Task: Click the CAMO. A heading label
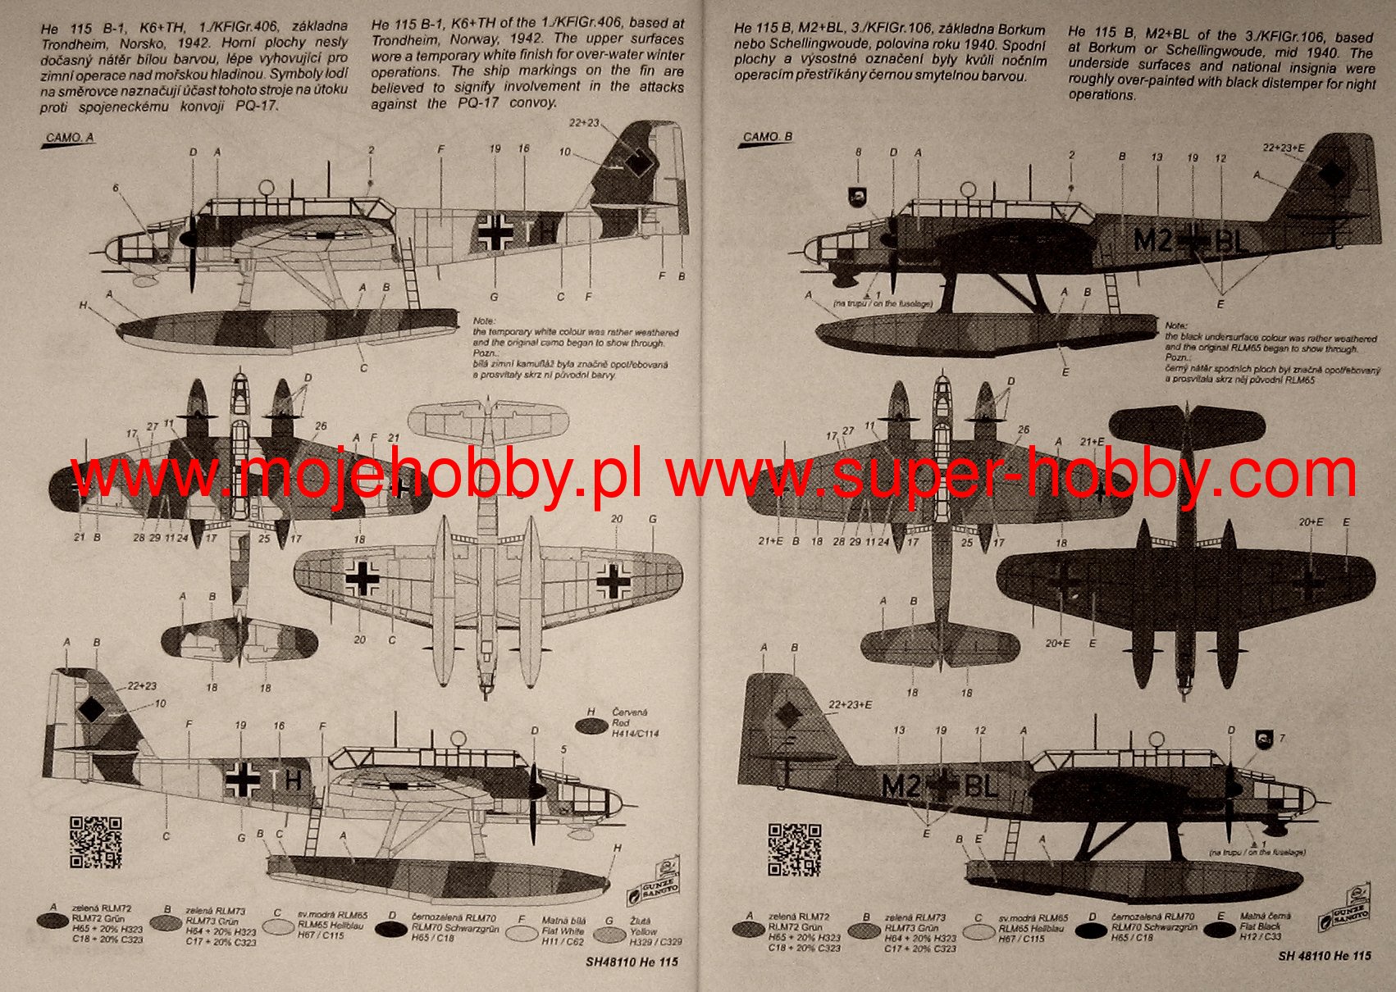[69, 139]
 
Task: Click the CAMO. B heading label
[767, 137]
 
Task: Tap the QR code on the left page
[95, 841]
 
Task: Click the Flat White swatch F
[522, 932]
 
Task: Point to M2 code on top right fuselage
[1152, 240]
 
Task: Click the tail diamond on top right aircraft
[1331, 174]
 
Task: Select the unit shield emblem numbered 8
[857, 197]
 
